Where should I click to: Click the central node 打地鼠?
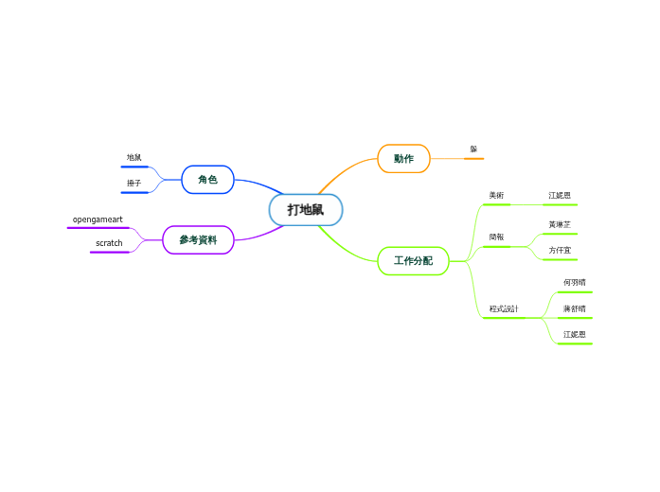(306, 210)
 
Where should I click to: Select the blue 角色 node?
(207, 180)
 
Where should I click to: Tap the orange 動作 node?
(403, 159)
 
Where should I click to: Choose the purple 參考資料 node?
(198, 240)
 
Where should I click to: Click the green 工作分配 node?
(413, 260)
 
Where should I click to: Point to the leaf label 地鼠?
(134, 157)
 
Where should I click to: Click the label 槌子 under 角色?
(134, 183)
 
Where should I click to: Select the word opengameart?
(98, 220)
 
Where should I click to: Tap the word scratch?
(109, 243)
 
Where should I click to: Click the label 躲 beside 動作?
(473, 149)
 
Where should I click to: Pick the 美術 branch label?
(496, 196)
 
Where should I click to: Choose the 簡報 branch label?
(496, 237)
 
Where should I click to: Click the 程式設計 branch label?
(504, 308)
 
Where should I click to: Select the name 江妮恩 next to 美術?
(560, 196)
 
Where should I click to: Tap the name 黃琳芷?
(560, 224)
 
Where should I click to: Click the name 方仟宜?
(560, 250)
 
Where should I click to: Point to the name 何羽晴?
(574, 282)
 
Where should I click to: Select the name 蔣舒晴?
(574, 308)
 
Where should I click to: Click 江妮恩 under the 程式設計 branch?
(574, 334)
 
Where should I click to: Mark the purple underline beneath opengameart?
(98, 228)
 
